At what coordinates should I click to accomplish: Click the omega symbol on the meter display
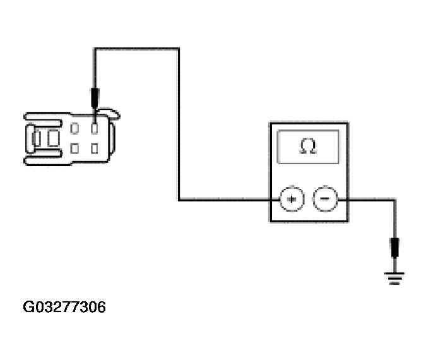click(308, 147)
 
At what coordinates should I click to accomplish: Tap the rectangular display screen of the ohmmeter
click(309, 147)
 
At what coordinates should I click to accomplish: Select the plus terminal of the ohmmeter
click(291, 199)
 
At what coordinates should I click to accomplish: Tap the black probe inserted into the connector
click(95, 98)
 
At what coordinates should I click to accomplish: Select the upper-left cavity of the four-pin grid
click(75, 129)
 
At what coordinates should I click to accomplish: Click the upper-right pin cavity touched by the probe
click(95, 128)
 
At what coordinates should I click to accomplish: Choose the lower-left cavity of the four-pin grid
click(75, 149)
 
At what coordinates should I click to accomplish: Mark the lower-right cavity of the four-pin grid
click(95, 149)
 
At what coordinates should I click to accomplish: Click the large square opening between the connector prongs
click(50, 138)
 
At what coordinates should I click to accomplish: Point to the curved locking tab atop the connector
click(110, 113)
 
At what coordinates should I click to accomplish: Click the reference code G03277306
click(64, 308)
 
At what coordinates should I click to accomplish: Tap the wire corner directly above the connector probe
click(95, 49)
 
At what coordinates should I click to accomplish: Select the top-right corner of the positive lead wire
click(179, 49)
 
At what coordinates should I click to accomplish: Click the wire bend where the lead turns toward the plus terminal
click(179, 200)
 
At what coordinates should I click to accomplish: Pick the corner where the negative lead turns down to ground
click(395, 200)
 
